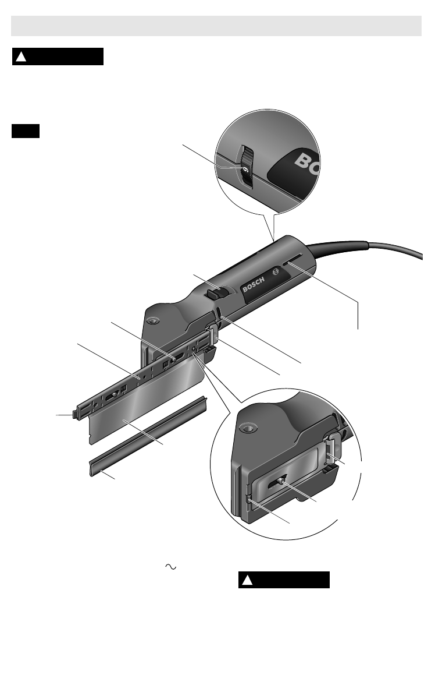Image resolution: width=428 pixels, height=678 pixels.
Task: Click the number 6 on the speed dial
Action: pyautogui.click(x=245, y=169)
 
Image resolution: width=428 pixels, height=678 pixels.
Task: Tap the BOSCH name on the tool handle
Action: pyautogui.click(x=254, y=285)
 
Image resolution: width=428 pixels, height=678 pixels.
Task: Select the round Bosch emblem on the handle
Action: pyautogui.click(x=276, y=272)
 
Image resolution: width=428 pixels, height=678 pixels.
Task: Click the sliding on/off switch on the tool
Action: pyautogui.click(x=217, y=294)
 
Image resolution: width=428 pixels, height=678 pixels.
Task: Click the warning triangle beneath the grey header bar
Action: pyautogui.click(x=21, y=57)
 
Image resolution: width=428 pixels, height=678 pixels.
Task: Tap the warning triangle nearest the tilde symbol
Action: pyautogui.click(x=247, y=580)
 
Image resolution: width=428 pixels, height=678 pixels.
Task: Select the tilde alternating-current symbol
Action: pyautogui.click(x=170, y=567)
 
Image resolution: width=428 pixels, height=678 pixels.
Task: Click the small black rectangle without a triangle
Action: pyautogui.click(x=26, y=131)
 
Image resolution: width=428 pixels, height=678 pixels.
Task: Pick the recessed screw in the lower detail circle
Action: pyautogui.click(x=248, y=429)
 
